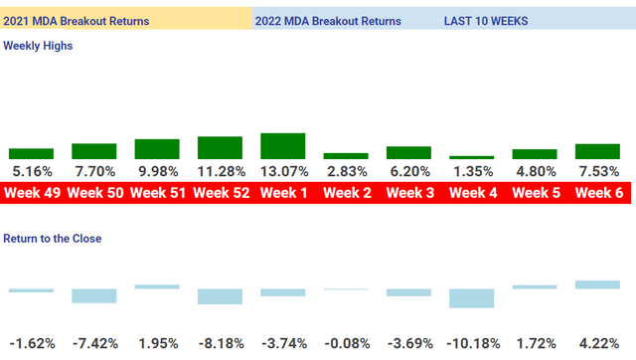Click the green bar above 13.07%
(x=283, y=146)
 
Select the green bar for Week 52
(x=220, y=147)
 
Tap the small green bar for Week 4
(x=472, y=157)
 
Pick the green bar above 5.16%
(x=31, y=153)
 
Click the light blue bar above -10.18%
(x=472, y=298)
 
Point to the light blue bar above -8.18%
(x=220, y=296)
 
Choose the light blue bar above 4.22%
(x=598, y=285)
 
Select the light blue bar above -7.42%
(x=94, y=295)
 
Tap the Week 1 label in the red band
(x=284, y=193)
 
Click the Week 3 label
(x=409, y=193)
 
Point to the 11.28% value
(x=221, y=171)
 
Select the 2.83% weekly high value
(x=347, y=171)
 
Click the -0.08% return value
(x=347, y=343)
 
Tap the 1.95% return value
(x=158, y=343)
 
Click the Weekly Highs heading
(x=38, y=46)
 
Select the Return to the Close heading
(x=52, y=239)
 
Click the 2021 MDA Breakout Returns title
(x=77, y=20)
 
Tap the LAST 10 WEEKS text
(x=486, y=20)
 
